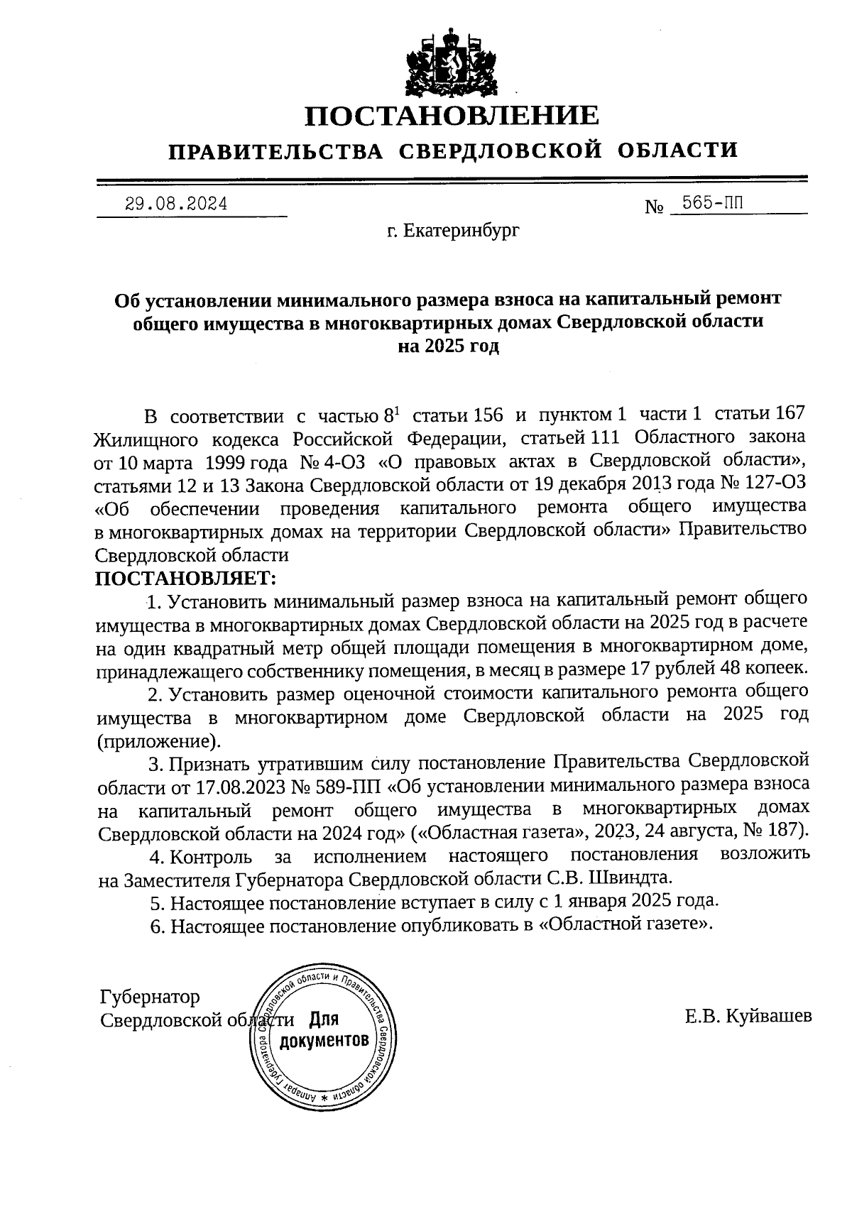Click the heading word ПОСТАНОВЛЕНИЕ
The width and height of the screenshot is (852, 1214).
point(452,116)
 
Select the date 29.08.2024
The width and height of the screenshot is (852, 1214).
point(176,204)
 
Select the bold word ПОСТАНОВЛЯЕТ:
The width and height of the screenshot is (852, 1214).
point(185,578)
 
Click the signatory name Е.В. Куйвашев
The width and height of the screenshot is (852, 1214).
point(748,1017)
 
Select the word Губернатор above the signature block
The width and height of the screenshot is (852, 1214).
point(150,997)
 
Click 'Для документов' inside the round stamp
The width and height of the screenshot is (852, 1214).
point(324,1031)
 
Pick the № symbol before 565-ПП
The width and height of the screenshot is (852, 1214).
point(654,208)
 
